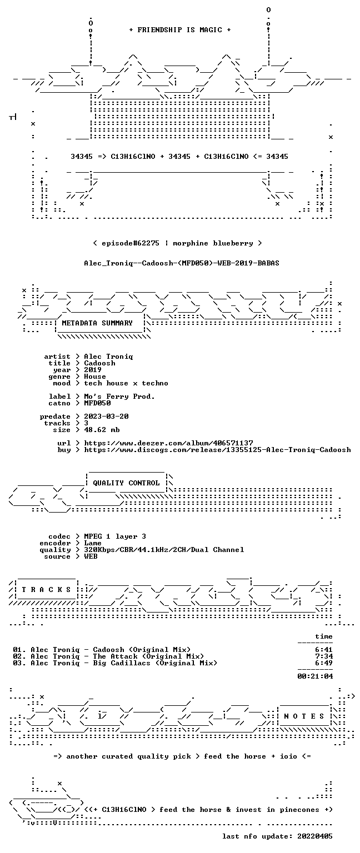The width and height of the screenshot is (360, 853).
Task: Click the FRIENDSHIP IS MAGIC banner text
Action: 180,29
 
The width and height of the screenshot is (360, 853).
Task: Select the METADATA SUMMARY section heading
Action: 97,323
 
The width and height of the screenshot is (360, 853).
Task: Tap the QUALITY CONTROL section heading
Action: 126,483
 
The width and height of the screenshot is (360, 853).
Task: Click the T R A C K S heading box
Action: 46,589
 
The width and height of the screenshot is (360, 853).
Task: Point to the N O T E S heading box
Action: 304,716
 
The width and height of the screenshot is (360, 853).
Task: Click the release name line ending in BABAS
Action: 182,263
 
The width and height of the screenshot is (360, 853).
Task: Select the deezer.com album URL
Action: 168,443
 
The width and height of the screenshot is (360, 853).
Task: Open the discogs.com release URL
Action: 217,450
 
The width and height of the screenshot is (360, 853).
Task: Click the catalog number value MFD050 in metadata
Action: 97,403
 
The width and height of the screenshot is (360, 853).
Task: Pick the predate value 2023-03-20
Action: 106,417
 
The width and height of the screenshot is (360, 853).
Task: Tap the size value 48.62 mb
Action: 102,430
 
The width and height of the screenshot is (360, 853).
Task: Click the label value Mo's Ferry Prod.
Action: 119,397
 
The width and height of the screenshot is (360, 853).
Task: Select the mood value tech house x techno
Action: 126,383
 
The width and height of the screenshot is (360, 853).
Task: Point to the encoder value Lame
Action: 93,543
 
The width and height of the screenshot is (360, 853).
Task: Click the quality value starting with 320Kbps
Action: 164,550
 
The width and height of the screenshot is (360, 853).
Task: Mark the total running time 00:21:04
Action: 315,676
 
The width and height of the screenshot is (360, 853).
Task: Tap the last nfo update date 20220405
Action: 315,836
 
